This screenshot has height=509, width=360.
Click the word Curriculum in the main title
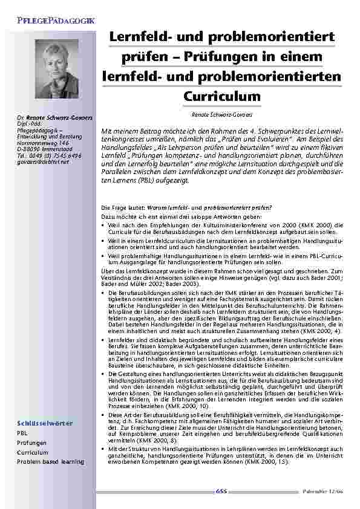[x=221, y=97]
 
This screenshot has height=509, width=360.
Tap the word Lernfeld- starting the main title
[x=142, y=37]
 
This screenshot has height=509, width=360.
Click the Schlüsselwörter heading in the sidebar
[x=45, y=423]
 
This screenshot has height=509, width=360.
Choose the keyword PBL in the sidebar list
[x=22, y=433]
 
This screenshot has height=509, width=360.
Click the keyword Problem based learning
[x=50, y=461]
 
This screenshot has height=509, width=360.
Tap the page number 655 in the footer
[x=221, y=492]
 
